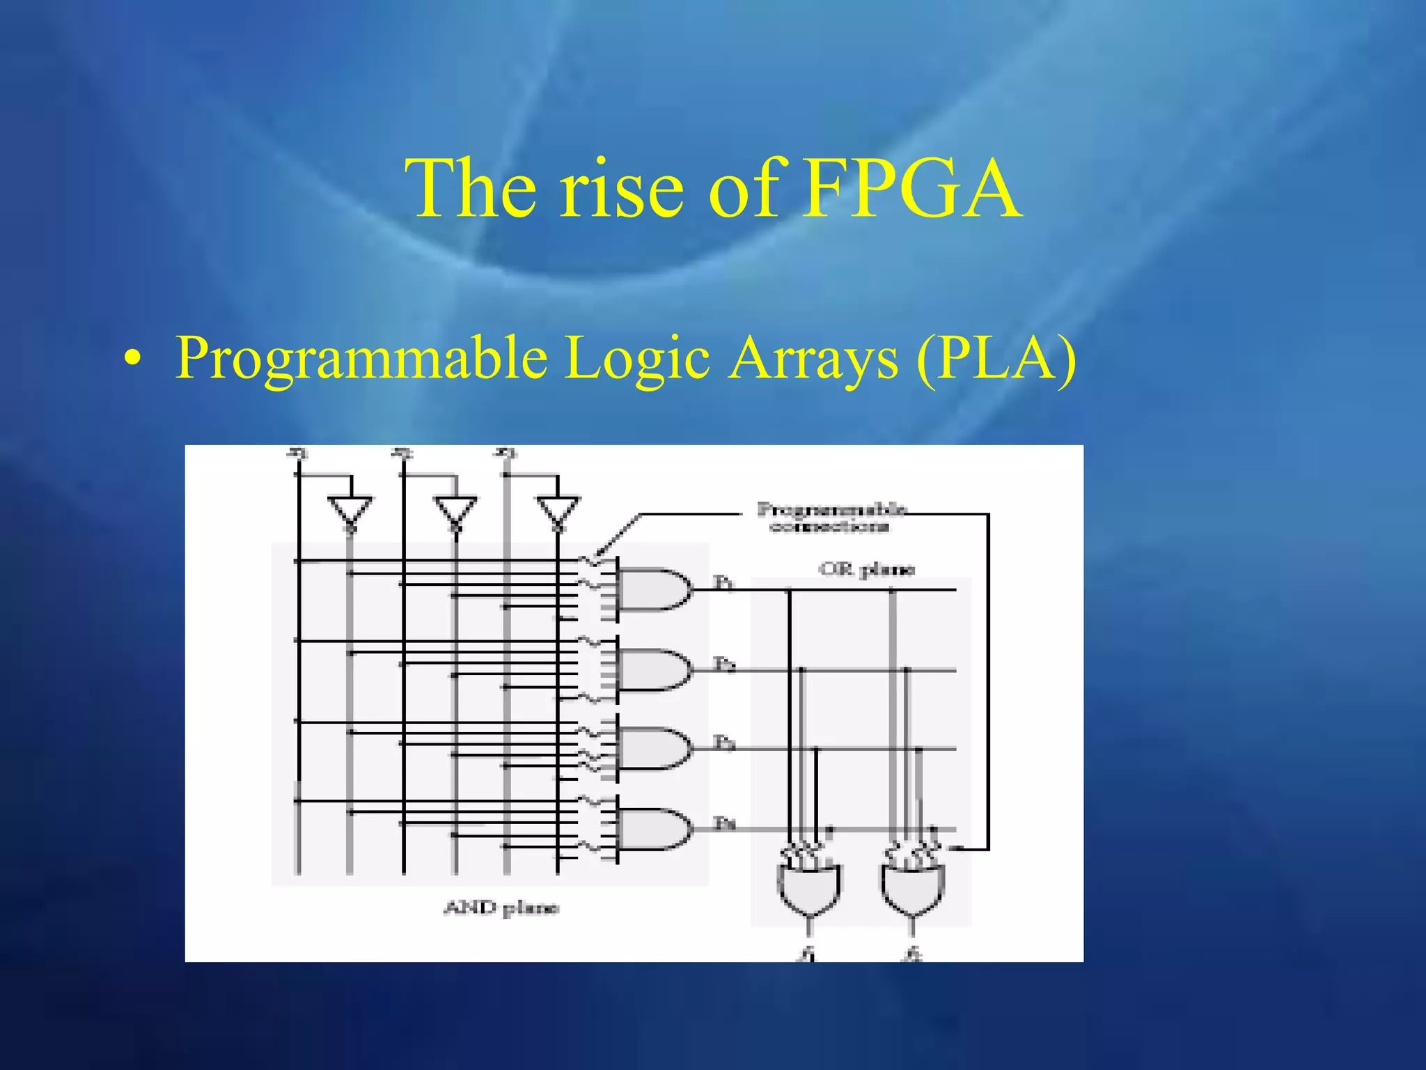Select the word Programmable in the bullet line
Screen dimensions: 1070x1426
point(361,358)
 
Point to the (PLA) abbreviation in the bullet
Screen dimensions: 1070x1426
point(996,358)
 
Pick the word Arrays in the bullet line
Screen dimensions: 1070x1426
point(813,358)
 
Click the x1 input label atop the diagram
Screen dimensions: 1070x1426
point(297,453)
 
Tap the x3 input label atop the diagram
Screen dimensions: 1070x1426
point(506,453)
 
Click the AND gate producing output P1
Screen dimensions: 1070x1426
point(653,589)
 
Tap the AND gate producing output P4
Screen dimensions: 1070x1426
point(653,829)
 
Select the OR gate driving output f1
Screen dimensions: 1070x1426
point(808,889)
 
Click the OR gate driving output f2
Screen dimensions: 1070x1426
point(912,889)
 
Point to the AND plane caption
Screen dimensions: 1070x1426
point(501,908)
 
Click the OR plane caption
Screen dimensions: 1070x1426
point(865,570)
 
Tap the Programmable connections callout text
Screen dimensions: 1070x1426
point(831,518)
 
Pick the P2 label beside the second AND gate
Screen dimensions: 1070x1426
point(724,664)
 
